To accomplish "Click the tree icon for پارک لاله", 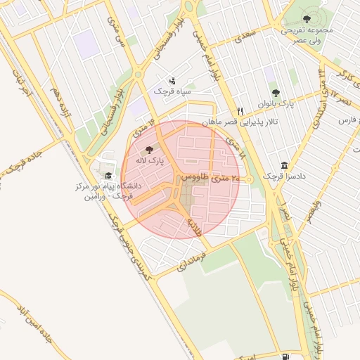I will tap(148, 150).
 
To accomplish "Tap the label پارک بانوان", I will tap(275, 104).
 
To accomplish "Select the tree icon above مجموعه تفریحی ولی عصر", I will tap(307, 18).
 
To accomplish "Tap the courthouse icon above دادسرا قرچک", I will tap(285, 165).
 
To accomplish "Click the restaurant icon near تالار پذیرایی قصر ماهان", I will tap(240, 111).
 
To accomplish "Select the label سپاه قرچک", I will tap(173, 91).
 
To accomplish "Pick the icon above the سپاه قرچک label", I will tap(173, 81).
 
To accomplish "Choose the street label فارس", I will tap(346, 121).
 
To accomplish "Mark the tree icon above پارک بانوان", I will tap(275, 93).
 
